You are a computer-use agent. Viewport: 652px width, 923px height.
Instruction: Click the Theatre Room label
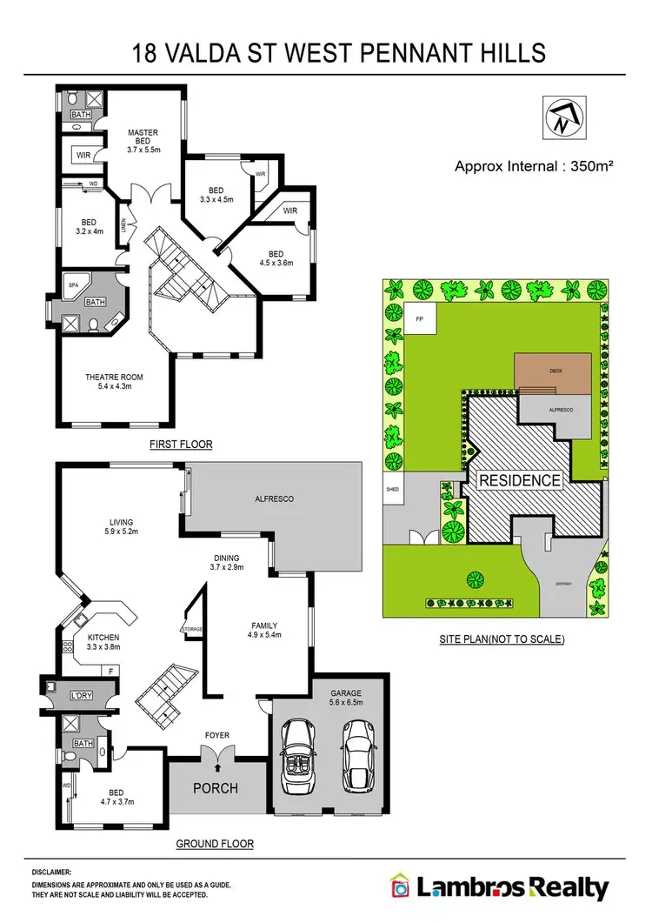114,381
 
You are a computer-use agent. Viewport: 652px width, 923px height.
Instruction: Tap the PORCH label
216,789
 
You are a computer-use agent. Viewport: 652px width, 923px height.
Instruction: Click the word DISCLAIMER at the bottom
53,871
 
